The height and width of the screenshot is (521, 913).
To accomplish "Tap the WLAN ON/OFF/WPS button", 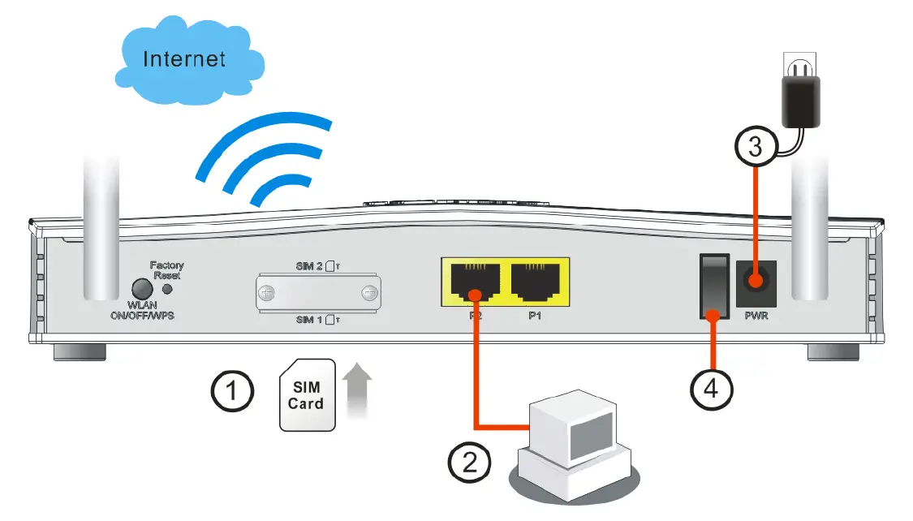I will tap(142, 290).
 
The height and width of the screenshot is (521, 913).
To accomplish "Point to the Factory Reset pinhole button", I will tap(168, 289).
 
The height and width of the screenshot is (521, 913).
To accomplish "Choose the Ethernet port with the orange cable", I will tap(475, 282).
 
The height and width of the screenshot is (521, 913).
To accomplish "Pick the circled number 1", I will tap(231, 391).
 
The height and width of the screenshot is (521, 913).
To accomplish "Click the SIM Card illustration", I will tap(306, 395).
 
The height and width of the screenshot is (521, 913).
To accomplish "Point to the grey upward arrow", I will tap(358, 392).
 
